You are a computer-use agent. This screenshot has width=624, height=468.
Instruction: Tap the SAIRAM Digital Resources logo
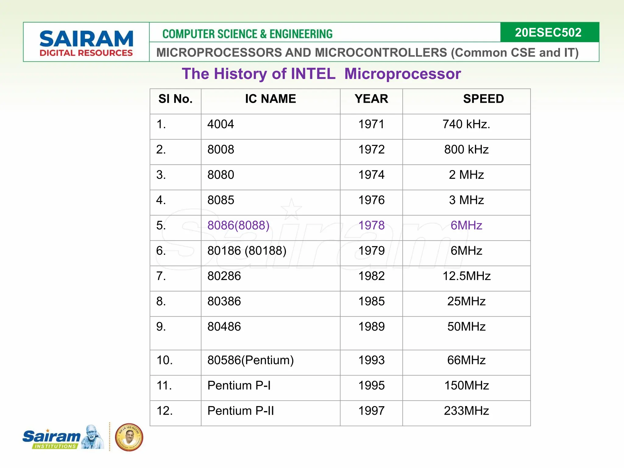pos(86,43)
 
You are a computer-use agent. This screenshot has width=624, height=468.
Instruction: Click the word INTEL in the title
pos(313,74)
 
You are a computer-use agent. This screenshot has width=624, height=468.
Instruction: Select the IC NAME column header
pos(270,99)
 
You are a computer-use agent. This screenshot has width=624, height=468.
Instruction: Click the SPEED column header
pos(483,99)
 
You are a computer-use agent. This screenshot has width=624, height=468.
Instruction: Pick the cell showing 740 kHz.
pos(466,124)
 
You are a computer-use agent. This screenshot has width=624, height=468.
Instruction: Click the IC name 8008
pos(221,150)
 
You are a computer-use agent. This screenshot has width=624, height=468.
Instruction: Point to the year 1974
pos(371,175)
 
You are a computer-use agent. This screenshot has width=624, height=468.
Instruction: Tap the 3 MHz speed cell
pos(466,200)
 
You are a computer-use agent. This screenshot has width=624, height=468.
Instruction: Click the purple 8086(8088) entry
pos(238,225)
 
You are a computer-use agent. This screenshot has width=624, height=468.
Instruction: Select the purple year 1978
pos(371,225)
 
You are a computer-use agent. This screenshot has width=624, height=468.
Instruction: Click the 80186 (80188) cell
pos(247,251)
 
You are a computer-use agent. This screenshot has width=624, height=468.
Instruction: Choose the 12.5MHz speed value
pos(466,276)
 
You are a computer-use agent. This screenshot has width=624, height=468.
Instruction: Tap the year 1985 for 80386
pos(371,301)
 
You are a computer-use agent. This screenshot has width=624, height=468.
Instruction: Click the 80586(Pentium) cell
pos(250,360)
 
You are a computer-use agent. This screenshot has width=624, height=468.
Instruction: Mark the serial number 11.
pos(164,385)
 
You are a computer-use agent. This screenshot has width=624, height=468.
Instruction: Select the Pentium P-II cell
pos(240,411)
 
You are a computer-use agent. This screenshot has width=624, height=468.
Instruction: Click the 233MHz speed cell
pos(466,411)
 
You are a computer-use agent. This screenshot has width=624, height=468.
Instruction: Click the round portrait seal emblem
pos(129,437)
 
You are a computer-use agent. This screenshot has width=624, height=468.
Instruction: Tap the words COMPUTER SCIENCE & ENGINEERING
pos(247,34)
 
